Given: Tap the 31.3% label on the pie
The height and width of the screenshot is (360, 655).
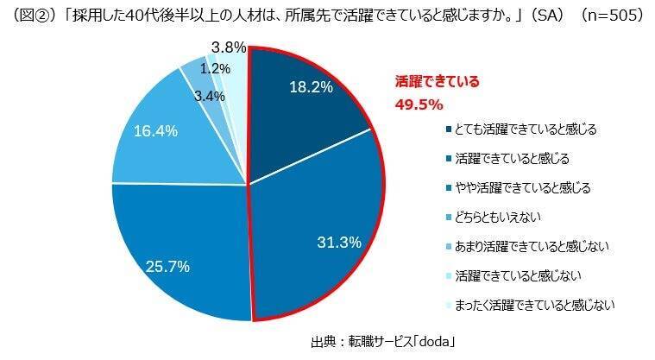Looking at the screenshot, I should [338, 243].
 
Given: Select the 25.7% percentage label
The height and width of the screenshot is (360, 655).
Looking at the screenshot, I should [167, 267].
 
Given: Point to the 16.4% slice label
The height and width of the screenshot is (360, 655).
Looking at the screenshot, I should [156, 131].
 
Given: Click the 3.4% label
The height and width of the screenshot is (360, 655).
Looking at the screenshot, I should [209, 97].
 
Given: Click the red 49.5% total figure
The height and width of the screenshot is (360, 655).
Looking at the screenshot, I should [419, 104].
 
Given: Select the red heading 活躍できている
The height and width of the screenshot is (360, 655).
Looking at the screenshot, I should [437, 83].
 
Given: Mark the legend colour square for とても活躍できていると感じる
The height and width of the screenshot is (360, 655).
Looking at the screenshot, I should [449, 130].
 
